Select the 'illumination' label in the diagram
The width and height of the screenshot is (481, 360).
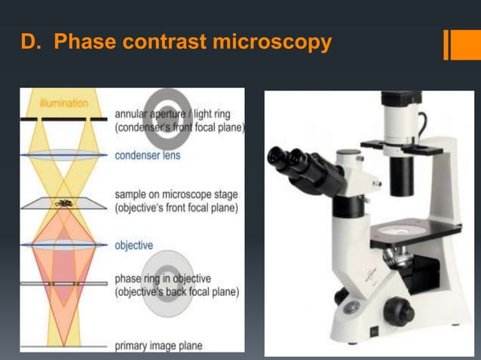63,103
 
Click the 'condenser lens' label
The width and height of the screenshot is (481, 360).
147,156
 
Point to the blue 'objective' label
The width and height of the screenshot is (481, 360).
133,246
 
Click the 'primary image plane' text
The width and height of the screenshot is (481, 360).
158,346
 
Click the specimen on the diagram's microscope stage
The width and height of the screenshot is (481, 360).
63,203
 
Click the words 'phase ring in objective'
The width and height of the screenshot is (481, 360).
163,279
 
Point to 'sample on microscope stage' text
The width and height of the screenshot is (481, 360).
175,194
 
